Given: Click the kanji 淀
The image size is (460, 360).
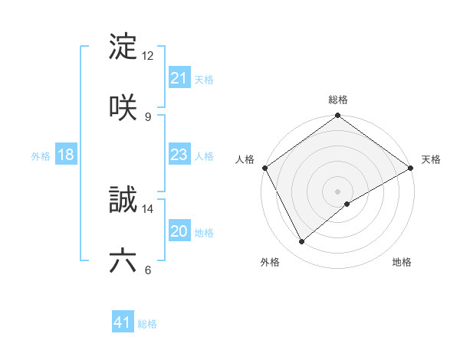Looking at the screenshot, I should point(123,47).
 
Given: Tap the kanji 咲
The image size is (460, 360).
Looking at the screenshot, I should point(123,106).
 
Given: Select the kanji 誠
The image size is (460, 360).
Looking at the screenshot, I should point(123,201).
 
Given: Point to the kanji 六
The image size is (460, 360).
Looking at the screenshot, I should point(123,260).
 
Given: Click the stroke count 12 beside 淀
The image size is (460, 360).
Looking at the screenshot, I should point(148,56).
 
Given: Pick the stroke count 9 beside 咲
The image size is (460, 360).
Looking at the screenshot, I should point(147,116).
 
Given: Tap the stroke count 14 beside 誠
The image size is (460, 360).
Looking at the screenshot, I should point(148,208).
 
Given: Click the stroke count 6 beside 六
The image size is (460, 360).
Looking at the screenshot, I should point(147,270).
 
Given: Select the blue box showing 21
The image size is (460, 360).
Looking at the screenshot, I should point(179,78).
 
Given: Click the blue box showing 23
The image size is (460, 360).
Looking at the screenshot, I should point(179,155).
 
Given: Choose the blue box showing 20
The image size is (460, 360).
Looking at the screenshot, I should point(179,232).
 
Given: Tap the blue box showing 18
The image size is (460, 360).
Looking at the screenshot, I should point(66,155).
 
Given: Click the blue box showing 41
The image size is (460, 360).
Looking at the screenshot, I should point(123,323).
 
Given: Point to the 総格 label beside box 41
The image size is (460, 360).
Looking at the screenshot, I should point(147,324).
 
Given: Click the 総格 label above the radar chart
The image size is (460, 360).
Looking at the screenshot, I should point(338,100).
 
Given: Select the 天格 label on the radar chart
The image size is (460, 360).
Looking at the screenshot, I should point(431,159).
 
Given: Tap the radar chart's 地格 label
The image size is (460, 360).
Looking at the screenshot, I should point(402,262).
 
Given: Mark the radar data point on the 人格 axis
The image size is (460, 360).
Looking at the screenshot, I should point(264,168).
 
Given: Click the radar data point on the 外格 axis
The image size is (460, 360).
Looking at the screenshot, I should point(302,242).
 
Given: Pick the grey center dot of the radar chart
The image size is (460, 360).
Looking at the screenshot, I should point(338,191).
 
